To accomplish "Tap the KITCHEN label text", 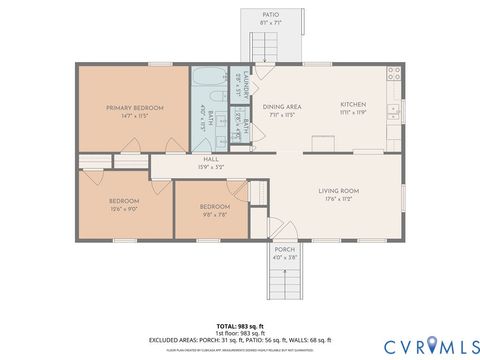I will (x=353, y=105).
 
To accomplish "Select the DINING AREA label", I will (x=283, y=106).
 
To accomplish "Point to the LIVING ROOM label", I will (x=339, y=190).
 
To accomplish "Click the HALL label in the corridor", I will (x=211, y=159).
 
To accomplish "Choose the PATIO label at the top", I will (x=270, y=14).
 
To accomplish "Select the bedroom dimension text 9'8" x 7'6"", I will (x=210, y=211).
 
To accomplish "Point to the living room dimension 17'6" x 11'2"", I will (x=339, y=199).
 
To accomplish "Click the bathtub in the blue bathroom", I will (x=211, y=77).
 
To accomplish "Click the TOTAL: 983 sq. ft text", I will (x=240, y=326).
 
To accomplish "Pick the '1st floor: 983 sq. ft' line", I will (x=240, y=333).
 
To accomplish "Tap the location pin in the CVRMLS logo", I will (x=432, y=345).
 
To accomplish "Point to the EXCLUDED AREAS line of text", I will (x=240, y=340).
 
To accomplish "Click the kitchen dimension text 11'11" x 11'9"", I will (x=353, y=113).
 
